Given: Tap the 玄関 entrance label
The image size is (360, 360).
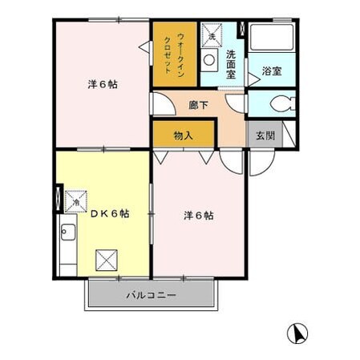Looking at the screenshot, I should click(x=265, y=135).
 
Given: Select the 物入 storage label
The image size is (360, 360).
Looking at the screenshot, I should click(x=184, y=136).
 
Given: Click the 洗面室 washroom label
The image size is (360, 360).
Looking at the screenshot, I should click(x=232, y=63).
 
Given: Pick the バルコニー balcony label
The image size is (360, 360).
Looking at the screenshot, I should click(x=150, y=295).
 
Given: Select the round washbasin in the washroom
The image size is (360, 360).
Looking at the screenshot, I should click(x=210, y=60).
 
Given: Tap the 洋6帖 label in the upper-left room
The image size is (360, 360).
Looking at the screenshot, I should click(x=102, y=84).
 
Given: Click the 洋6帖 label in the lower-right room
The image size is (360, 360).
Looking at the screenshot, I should click(x=198, y=215).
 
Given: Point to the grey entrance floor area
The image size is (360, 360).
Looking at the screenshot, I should click(x=265, y=135).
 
